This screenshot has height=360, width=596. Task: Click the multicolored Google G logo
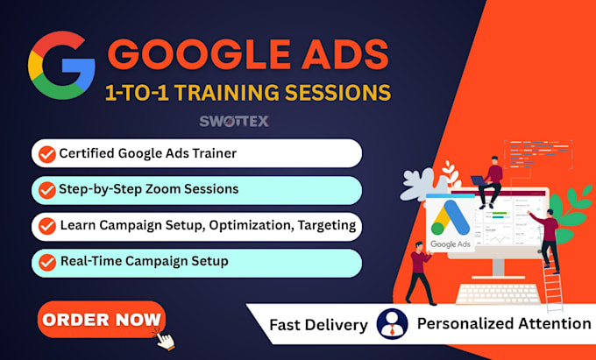(x=61, y=66)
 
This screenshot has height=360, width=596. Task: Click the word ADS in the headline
(x=344, y=54)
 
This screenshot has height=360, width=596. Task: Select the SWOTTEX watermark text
(x=234, y=121)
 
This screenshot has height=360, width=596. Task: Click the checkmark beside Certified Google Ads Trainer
(x=47, y=154)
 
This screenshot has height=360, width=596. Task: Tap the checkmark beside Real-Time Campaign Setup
(x=47, y=262)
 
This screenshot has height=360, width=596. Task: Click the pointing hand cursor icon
(x=164, y=339)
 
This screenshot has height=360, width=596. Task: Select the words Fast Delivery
(x=318, y=325)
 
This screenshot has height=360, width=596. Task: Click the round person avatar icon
(x=392, y=324)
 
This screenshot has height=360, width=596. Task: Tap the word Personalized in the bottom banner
(x=465, y=324)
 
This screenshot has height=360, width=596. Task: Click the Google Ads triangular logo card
(x=451, y=222)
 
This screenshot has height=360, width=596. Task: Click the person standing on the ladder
(x=546, y=241)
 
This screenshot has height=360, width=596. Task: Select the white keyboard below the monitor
(x=498, y=293)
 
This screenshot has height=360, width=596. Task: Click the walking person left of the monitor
(x=420, y=273)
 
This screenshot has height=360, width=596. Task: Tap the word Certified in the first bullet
(x=87, y=153)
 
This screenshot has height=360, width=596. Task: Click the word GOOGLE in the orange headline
(x=199, y=54)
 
